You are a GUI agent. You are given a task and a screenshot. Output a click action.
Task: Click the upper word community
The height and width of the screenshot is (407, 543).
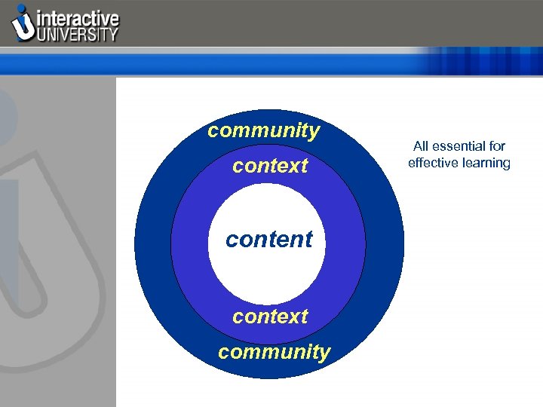[x=264, y=131]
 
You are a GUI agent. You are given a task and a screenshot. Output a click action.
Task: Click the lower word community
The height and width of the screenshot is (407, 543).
[x=274, y=352]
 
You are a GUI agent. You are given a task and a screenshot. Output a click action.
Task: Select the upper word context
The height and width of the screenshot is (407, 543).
[x=270, y=166]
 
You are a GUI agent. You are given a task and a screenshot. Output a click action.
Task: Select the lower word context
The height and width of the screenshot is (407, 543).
[x=270, y=317]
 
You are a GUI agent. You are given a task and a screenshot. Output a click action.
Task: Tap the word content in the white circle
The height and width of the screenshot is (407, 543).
[x=268, y=240]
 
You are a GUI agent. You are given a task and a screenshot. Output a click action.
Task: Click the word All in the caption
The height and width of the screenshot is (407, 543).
[x=422, y=146]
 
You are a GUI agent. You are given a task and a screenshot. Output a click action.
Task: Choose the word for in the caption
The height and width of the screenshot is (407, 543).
[x=496, y=146]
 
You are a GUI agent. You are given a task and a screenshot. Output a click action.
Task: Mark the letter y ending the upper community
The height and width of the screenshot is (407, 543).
[x=314, y=133]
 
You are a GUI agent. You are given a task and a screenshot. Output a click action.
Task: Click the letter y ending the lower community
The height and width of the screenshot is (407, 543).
[x=324, y=353]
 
